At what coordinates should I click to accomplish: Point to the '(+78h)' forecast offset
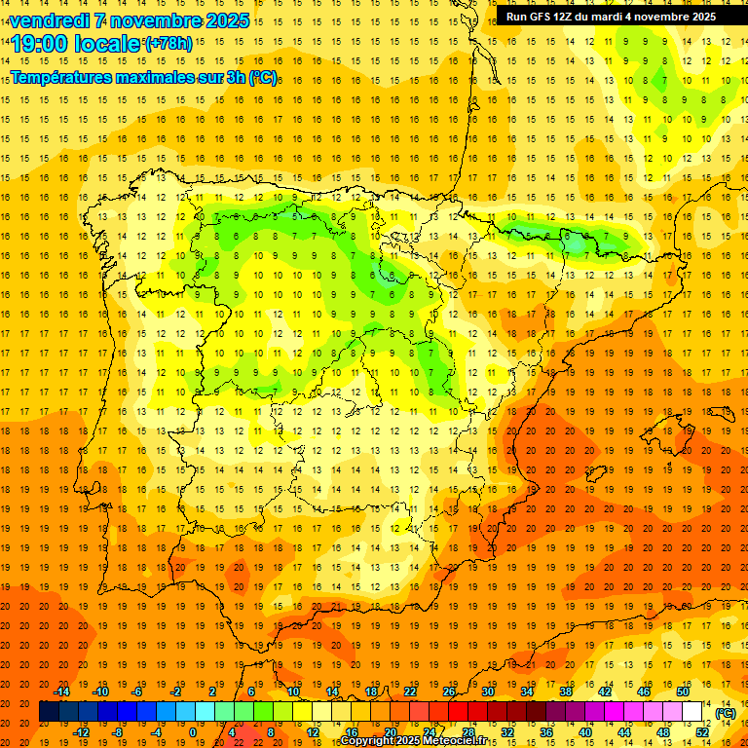(168, 44)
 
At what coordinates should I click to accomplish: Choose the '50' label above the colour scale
(682, 692)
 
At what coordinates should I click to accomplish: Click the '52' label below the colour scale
(702, 731)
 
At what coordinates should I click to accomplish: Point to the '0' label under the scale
(193, 731)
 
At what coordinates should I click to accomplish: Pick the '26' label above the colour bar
(449, 692)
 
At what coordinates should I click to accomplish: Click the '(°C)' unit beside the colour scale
(725, 713)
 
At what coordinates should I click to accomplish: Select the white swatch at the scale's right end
(692, 712)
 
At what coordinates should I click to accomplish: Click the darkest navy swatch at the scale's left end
(49, 712)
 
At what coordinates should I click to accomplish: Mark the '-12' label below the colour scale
(82, 731)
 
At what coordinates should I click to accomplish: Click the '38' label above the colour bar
(565, 692)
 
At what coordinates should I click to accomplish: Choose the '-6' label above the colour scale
(138, 692)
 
